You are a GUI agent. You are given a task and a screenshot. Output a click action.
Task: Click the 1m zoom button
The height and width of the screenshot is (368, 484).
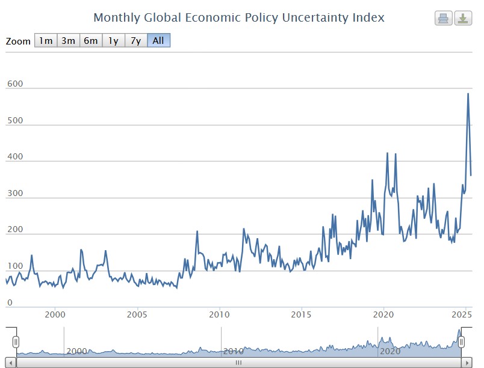46,40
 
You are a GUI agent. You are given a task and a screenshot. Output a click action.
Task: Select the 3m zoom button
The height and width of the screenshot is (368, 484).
68,40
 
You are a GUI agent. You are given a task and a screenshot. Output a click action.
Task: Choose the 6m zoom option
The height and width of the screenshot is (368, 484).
91,40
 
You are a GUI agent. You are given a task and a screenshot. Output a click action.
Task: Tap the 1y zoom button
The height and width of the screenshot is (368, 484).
113,40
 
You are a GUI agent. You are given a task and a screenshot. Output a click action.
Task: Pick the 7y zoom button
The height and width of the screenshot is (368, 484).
136,40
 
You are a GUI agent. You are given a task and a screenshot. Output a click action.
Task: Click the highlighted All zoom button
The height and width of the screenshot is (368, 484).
159,40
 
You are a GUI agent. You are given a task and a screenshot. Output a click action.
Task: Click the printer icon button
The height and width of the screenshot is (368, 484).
444,18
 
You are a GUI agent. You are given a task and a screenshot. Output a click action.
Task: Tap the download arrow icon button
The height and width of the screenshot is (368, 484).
463,18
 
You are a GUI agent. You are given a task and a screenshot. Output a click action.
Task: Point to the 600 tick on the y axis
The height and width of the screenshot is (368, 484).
15,84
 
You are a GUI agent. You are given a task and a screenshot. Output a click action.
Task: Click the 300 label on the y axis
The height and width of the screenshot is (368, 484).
15,193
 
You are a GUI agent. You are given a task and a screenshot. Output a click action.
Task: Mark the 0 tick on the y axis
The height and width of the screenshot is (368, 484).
10,302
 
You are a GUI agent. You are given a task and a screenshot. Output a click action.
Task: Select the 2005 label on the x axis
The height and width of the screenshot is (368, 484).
137,314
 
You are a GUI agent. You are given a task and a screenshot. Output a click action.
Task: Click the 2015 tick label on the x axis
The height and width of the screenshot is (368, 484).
301,314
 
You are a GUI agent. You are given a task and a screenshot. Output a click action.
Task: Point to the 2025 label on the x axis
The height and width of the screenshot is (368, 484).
462,314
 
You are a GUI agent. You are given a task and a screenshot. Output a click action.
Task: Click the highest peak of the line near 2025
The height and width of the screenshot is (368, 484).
468,94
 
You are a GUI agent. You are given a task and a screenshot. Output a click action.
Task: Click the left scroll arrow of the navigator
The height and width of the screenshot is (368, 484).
11,363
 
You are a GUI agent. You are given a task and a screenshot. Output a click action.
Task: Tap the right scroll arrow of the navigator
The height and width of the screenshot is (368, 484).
467,363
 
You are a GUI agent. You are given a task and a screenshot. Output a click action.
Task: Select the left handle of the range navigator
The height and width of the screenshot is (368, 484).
16,342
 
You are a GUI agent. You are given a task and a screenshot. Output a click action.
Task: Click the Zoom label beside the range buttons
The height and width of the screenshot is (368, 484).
18,41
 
